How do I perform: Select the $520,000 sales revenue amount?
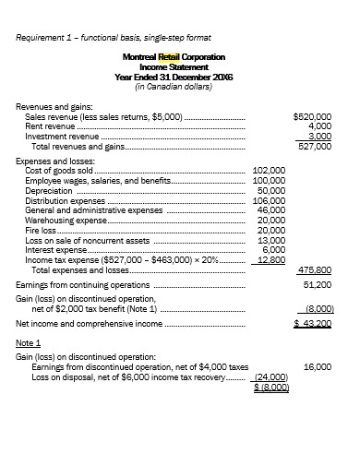pos(311,117)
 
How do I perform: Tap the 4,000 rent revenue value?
pos(318,126)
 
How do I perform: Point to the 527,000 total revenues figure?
pos(315,146)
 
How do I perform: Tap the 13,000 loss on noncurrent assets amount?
pos(271,240)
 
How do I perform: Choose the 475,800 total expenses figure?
pos(315,269)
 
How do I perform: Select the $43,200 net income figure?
pos(313,325)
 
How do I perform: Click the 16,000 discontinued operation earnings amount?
pos(318,367)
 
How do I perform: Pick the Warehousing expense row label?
pos(66,221)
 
